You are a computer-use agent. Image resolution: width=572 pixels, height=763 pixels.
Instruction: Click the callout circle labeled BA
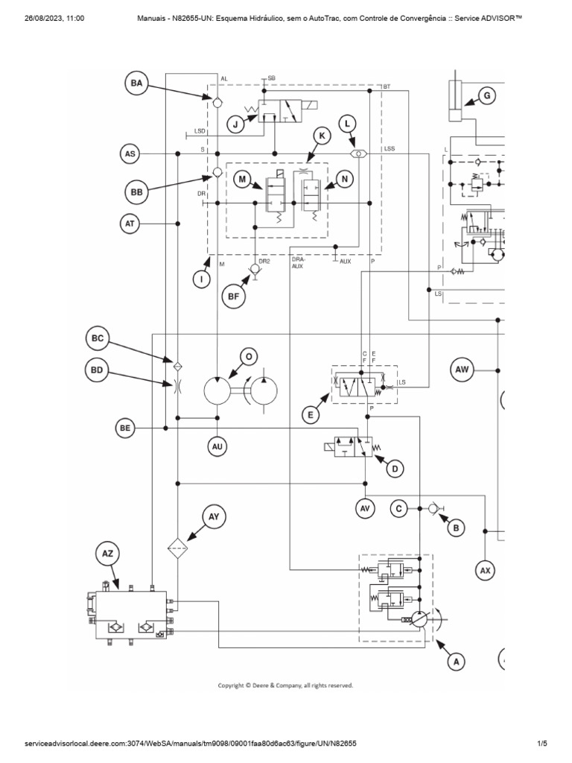coord(136,84)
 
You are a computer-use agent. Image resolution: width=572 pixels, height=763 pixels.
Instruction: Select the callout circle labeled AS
coord(130,154)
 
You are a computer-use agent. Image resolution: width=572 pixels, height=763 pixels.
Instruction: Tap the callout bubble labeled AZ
coord(107,554)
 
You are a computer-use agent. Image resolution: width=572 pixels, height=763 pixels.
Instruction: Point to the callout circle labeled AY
coord(214,516)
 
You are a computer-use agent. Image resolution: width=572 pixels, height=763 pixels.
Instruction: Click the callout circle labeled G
coord(487,95)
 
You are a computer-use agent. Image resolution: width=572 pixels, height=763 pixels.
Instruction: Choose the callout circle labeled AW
coord(463,370)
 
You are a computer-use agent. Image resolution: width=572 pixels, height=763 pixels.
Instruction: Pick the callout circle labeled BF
coord(233,297)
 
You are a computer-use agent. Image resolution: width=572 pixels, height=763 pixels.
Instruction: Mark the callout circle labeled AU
coord(217,446)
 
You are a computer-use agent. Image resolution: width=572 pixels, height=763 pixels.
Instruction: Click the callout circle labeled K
coord(322,136)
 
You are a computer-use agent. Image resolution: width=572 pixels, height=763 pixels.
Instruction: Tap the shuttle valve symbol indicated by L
coord(360,153)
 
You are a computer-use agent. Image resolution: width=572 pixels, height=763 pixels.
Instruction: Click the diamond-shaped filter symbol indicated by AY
coord(177,549)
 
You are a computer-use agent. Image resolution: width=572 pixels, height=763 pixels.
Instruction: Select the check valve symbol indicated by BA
coord(217,102)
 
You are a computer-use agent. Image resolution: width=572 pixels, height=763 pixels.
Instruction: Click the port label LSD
coord(200,131)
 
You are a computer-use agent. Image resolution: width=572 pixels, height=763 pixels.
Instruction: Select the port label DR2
coord(264,262)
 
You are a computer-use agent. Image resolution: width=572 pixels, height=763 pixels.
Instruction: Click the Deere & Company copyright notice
coord(285,684)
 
